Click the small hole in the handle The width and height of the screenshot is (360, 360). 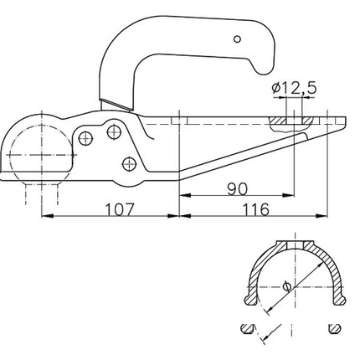pos(238,39)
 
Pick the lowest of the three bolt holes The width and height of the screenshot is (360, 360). pos(127,162)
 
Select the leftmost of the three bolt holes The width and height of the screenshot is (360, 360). pos(86,137)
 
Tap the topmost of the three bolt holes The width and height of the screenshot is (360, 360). pos(114,131)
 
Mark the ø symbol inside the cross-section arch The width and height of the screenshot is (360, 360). pos(287,286)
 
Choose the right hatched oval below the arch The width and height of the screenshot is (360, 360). pos(334,329)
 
